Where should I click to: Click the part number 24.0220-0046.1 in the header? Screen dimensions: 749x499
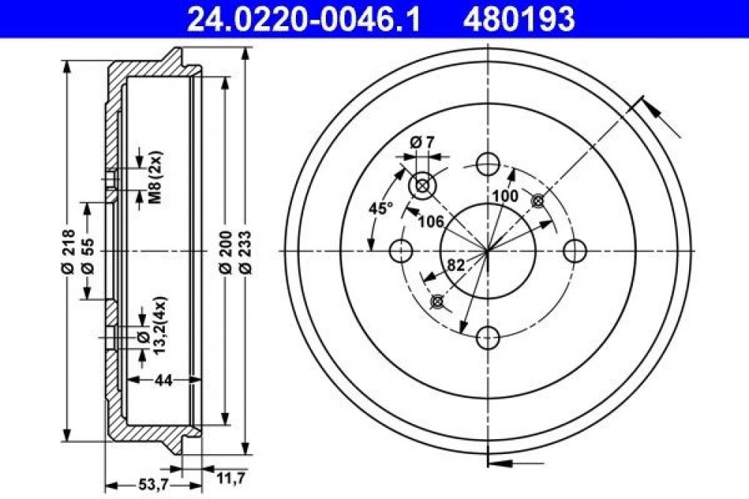click(304, 19)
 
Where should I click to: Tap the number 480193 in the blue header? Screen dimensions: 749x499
click(518, 19)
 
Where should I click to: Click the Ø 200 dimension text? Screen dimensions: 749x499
click(226, 252)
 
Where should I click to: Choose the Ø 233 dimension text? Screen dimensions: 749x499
click(245, 252)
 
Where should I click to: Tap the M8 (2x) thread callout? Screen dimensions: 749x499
click(157, 177)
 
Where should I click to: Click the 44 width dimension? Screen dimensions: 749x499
click(163, 380)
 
